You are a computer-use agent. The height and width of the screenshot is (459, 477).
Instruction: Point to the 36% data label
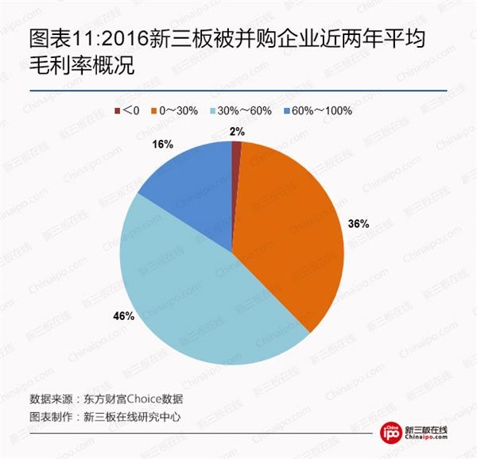(x=359, y=224)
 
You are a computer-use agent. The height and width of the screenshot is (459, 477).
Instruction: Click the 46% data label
(x=125, y=316)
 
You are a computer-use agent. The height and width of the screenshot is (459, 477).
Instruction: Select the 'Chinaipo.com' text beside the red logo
(x=427, y=441)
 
